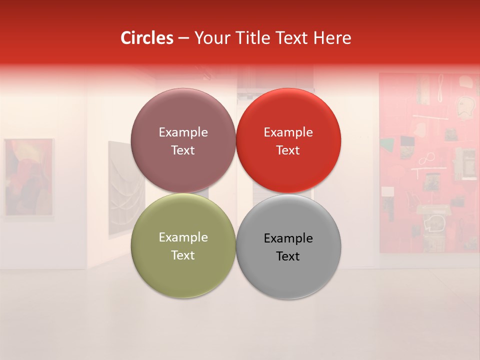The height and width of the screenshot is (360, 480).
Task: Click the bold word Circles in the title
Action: tap(146, 38)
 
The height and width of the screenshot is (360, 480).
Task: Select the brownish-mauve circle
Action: tap(183, 140)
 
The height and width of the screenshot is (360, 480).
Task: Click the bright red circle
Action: tap(288, 140)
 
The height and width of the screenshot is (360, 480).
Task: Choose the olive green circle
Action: tap(183, 246)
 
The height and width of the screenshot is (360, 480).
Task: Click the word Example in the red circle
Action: tap(288, 132)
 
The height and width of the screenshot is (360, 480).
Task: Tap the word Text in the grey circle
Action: tap(288, 256)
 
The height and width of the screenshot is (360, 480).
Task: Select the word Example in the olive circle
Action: tap(183, 237)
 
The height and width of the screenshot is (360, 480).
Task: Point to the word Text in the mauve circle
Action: tap(183, 150)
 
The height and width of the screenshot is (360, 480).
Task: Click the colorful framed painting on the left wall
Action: tap(29, 177)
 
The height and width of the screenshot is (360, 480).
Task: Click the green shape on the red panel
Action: tap(386, 145)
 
